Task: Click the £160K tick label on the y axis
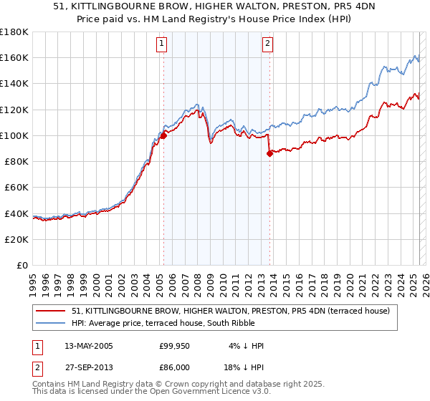pyautogui.click(x=14, y=57)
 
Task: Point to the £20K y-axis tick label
pyautogui.click(x=16, y=239)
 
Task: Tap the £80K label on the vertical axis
pyautogui.click(x=16, y=161)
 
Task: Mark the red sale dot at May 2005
pyautogui.click(x=163, y=135)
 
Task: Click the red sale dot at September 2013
pyautogui.click(x=269, y=153)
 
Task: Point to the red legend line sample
pyautogui.click(x=52, y=311)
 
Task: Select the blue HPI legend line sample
pyautogui.click(x=52, y=324)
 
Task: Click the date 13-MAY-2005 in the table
pyautogui.click(x=88, y=346)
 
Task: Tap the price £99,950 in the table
pyautogui.click(x=173, y=346)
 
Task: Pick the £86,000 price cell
pyautogui.click(x=173, y=367)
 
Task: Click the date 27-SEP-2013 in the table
pyautogui.click(x=88, y=367)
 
